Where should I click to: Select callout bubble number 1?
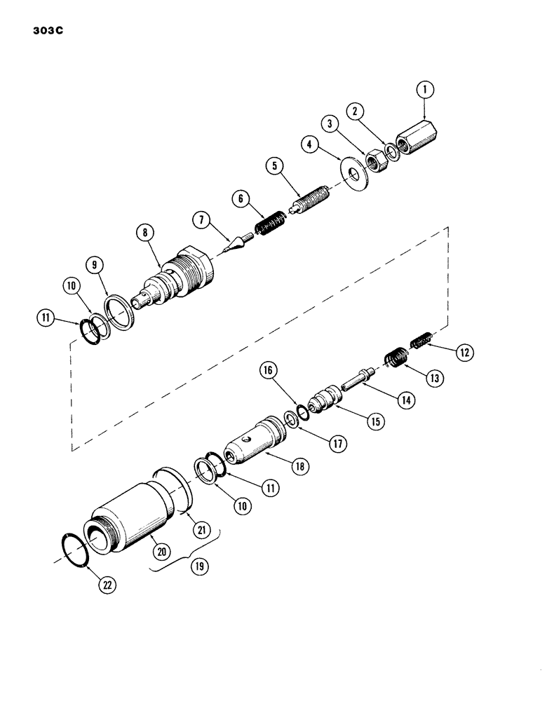[424, 90]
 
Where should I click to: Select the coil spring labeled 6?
[268, 224]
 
